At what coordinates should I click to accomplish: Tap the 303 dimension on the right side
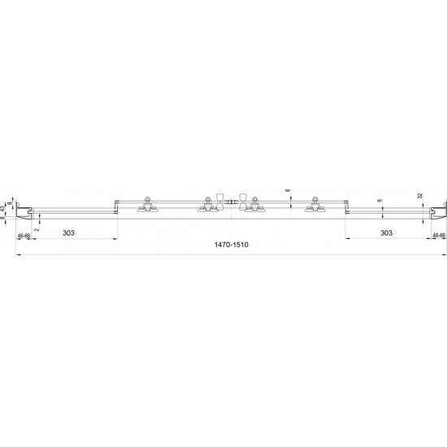point(386,233)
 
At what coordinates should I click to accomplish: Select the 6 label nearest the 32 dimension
point(380,200)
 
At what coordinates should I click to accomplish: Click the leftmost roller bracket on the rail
point(147,207)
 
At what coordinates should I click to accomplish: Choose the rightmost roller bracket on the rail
point(312,207)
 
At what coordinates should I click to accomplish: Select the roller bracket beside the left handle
point(204,207)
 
